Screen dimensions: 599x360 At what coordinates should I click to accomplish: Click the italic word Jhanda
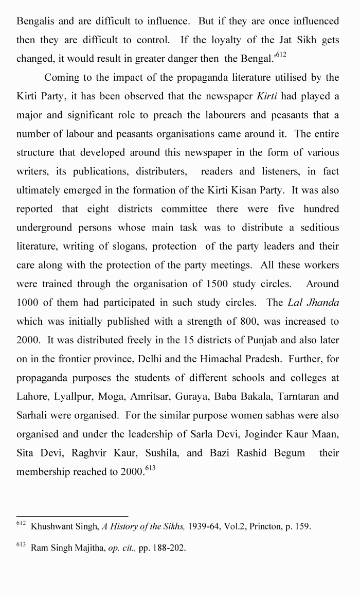(323, 303)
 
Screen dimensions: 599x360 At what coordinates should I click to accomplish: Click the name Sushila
(162, 453)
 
